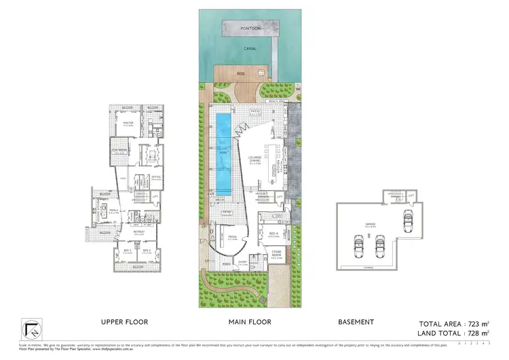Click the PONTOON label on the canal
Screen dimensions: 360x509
pyautogui.click(x=250, y=29)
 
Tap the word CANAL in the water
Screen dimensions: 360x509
pyautogui.click(x=249, y=49)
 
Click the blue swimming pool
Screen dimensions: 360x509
pyautogui.click(x=223, y=154)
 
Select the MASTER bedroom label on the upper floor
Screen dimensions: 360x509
pyautogui.click(x=130, y=123)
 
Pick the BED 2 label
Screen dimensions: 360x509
pyautogui.click(x=146, y=250)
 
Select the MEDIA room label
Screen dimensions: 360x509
pyautogui.click(x=231, y=238)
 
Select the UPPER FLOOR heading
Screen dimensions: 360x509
pyautogui.click(x=124, y=321)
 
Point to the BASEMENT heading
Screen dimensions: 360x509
pyautogui.click(x=356, y=321)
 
